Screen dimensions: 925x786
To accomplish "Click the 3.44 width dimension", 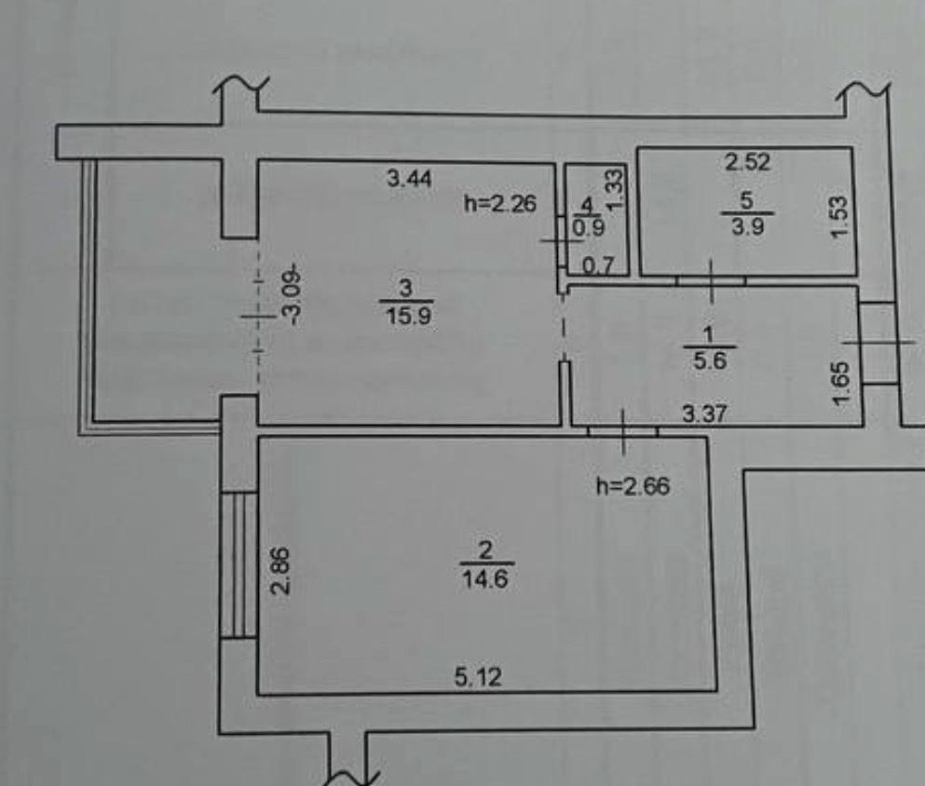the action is pyautogui.click(x=410, y=178).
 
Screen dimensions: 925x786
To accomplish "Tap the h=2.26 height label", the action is pyautogui.click(x=500, y=203).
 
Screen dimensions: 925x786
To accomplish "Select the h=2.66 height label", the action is pyautogui.click(x=633, y=486).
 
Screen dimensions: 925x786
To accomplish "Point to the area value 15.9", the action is pyautogui.click(x=408, y=316).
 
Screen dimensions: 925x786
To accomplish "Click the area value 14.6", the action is pyautogui.click(x=485, y=578).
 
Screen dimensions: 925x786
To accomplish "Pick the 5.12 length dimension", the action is pyautogui.click(x=479, y=676).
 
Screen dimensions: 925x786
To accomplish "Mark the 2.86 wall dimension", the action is pyautogui.click(x=280, y=570).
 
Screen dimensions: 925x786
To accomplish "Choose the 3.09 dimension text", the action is pyautogui.click(x=293, y=296).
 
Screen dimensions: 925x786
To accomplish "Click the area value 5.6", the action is pyautogui.click(x=710, y=359).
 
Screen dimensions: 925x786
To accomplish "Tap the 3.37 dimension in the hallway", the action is pyautogui.click(x=705, y=413).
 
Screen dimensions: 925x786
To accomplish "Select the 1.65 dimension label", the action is pyautogui.click(x=841, y=384).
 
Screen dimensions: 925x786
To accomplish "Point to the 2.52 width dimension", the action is pyautogui.click(x=747, y=161).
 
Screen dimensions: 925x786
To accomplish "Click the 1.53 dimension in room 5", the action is pyautogui.click(x=839, y=217).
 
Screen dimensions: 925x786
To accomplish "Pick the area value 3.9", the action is pyautogui.click(x=747, y=227).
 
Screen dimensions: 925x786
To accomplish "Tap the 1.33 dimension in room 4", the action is pyautogui.click(x=614, y=191).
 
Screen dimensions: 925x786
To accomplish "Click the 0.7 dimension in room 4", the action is pyautogui.click(x=599, y=266).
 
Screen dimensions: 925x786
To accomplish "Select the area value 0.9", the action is pyautogui.click(x=589, y=225).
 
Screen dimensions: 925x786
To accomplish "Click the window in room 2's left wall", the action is pyautogui.click(x=238, y=563).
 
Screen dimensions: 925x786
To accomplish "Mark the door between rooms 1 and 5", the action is pyautogui.click(x=711, y=280).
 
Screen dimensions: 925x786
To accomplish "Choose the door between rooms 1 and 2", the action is pyautogui.click(x=623, y=431).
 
